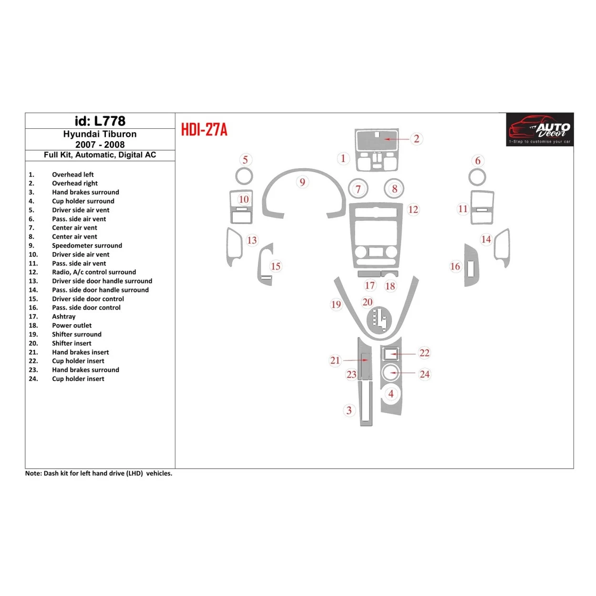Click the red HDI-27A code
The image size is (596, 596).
(204, 130)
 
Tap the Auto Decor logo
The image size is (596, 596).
(540, 130)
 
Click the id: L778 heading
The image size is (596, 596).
(100, 121)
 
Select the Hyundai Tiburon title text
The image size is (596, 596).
(100, 134)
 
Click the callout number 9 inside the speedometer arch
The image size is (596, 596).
(302, 182)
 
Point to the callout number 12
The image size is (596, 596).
(413, 209)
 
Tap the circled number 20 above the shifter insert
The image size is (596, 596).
(367, 302)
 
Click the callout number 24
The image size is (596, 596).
(424, 374)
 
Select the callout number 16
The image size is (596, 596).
(455, 267)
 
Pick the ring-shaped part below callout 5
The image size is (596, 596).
(244, 176)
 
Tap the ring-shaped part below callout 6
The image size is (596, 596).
(477, 177)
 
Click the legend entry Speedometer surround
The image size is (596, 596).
(87, 246)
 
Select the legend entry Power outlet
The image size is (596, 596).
(72, 326)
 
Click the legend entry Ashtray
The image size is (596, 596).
(63, 317)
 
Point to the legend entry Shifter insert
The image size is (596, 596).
(72, 343)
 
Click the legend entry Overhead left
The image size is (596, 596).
(72, 175)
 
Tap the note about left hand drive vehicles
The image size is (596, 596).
(99, 473)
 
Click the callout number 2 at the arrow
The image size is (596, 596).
(416, 139)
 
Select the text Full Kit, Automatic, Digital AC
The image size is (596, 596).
(100, 155)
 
